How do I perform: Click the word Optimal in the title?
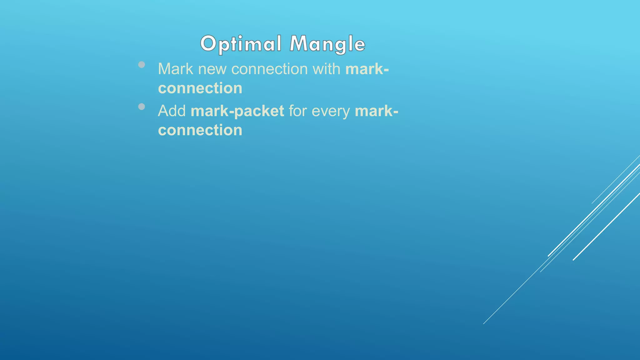click(x=241, y=44)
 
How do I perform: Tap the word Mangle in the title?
click(x=327, y=44)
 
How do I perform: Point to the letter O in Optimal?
click(x=208, y=43)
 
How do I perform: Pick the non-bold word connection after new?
click(x=269, y=69)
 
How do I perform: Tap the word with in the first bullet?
click(x=326, y=69)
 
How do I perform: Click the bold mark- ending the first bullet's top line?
click(x=367, y=69)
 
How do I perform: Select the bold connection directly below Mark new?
click(x=200, y=88)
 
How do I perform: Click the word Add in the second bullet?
click(x=172, y=111)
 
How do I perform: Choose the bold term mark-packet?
click(x=237, y=111)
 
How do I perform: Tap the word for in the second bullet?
click(x=297, y=111)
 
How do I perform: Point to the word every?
click(x=331, y=111)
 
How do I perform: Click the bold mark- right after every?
click(x=376, y=111)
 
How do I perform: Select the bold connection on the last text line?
click(x=200, y=130)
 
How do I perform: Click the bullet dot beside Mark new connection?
click(x=142, y=65)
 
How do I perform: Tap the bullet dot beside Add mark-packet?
click(x=142, y=107)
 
